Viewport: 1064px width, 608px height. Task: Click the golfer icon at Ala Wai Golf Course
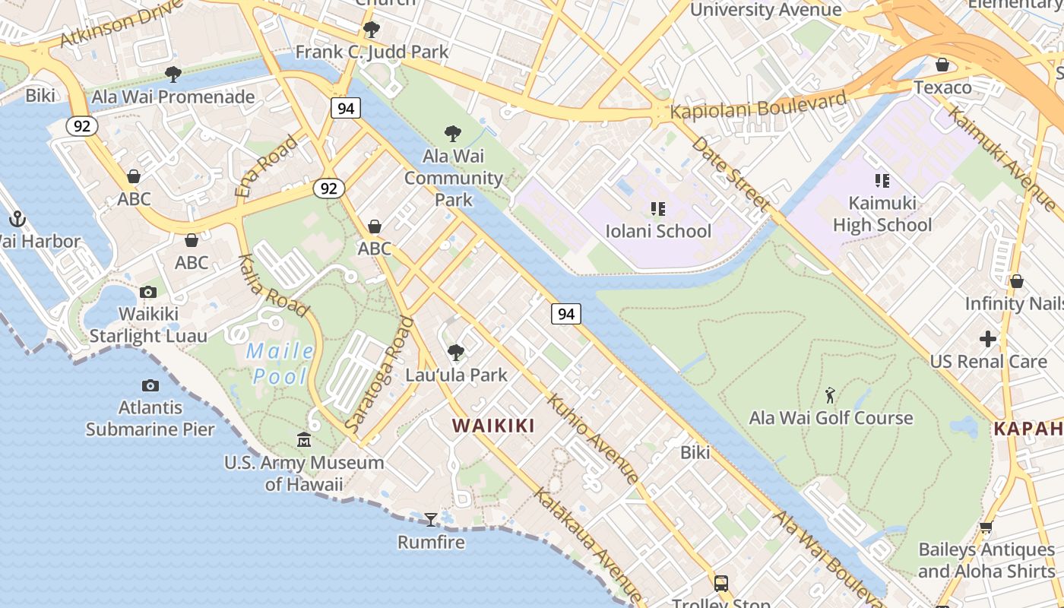pyautogui.click(x=830, y=395)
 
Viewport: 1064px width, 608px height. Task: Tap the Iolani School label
pyautogui.click(x=658, y=231)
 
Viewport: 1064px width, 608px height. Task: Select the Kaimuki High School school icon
pyautogui.click(x=882, y=181)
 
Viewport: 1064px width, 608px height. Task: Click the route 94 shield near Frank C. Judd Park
pyautogui.click(x=346, y=108)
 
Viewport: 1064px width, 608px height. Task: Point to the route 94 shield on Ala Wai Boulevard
pyautogui.click(x=566, y=313)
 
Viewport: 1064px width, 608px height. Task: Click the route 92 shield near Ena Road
pyautogui.click(x=328, y=188)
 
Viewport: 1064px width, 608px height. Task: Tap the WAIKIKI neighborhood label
pyautogui.click(x=494, y=426)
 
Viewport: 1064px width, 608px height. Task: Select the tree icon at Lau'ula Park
pyautogui.click(x=456, y=353)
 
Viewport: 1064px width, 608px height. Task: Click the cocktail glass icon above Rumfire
pyautogui.click(x=431, y=520)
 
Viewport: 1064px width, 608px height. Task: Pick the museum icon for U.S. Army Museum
pyautogui.click(x=304, y=440)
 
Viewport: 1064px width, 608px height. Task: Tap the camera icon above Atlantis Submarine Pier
pyautogui.click(x=150, y=386)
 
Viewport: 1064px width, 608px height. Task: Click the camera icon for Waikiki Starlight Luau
pyautogui.click(x=148, y=292)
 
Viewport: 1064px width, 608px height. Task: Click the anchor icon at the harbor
pyautogui.click(x=17, y=220)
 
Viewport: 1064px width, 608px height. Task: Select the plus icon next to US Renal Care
pyautogui.click(x=987, y=339)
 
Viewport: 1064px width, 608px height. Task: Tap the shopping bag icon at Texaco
pyautogui.click(x=942, y=65)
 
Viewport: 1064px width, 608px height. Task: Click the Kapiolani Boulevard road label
pyautogui.click(x=758, y=105)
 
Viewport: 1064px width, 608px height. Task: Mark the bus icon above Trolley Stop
pyautogui.click(x=720, y=584)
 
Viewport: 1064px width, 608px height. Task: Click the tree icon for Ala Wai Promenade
pyautogui.click(x=173, y=74)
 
